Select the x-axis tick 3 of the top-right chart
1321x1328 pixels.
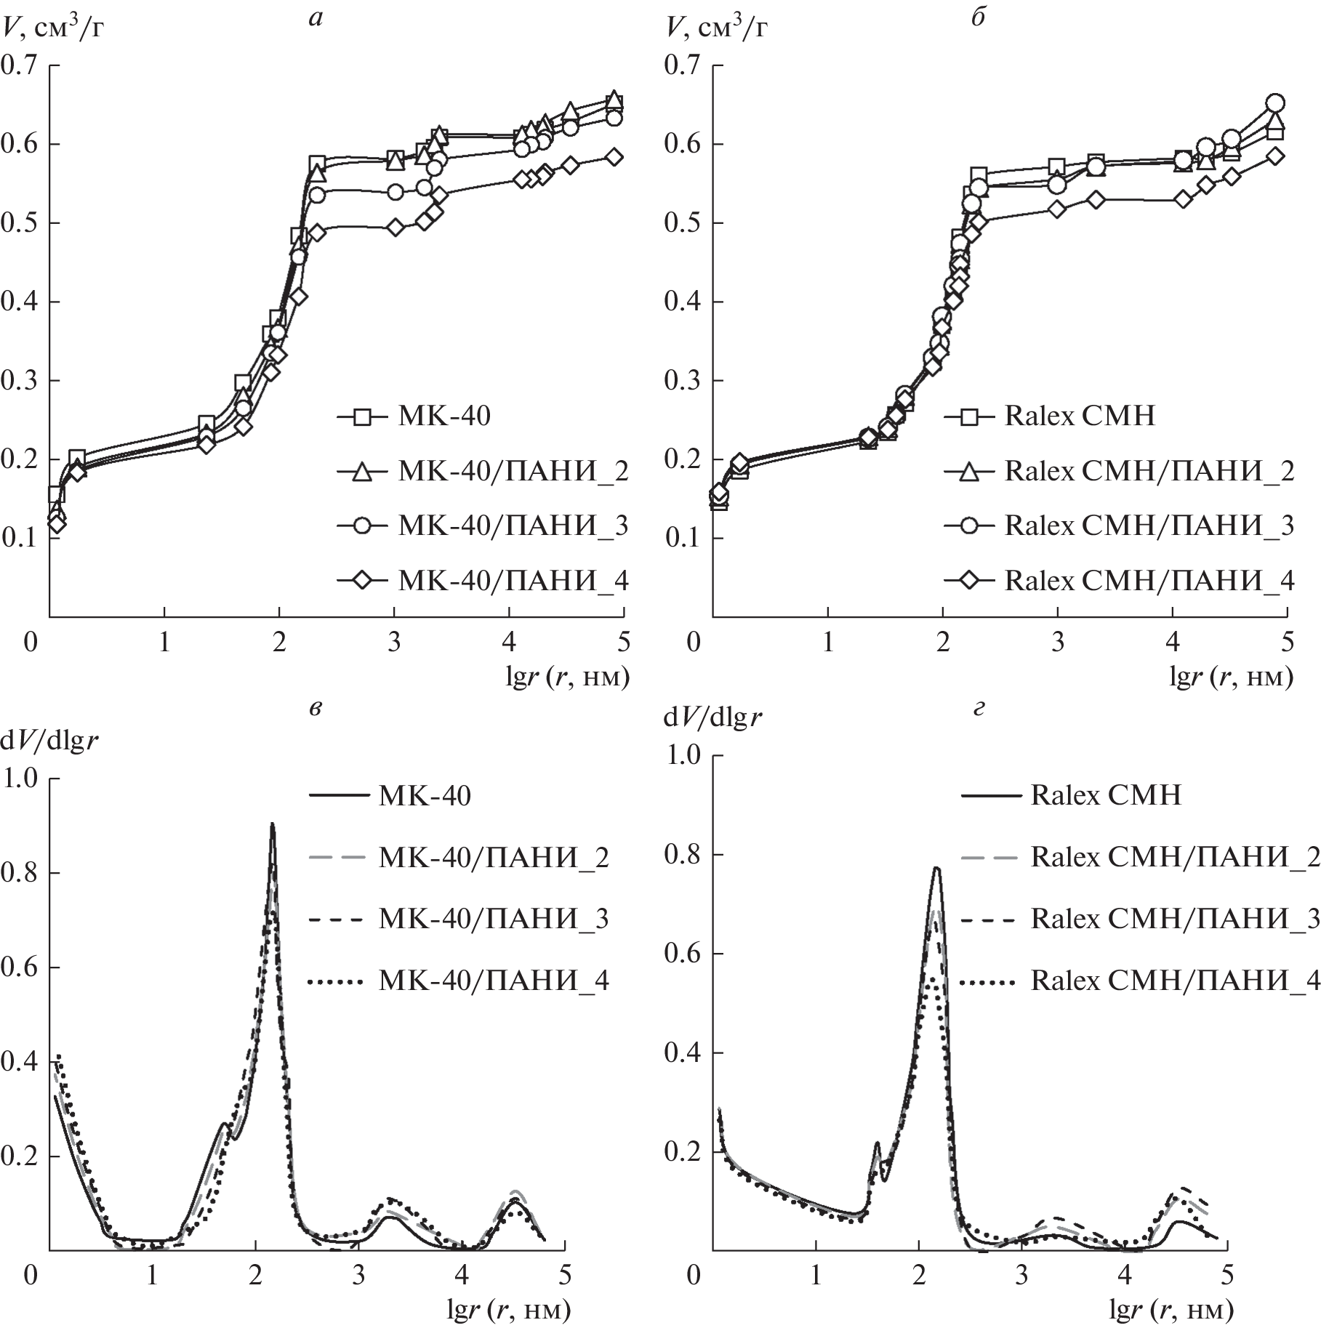tap(1057, 643)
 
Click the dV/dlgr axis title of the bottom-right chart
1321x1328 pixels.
tap(712, 719)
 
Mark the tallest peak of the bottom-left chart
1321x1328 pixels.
tap(272, 824)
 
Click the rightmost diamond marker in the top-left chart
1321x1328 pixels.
tap(614, 157)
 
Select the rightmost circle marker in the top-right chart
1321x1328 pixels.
tap(1275, 103)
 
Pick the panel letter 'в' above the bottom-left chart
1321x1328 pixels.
tap(314, 709)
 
